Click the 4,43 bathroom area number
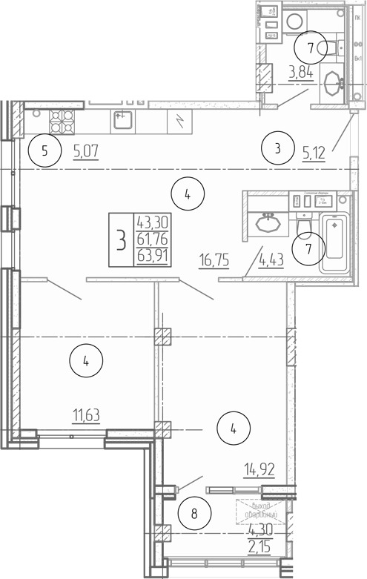pos(271,259)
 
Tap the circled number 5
pos(44,152)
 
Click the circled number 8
pos(194,513)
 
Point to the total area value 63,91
pos(151,257)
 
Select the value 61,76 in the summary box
pos(151,239)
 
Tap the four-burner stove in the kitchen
pos(62,119)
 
